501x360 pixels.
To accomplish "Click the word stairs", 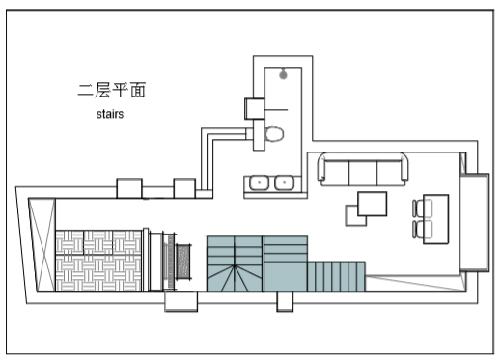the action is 110,114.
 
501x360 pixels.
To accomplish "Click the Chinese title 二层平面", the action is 112,90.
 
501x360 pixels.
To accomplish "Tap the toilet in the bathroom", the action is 274,134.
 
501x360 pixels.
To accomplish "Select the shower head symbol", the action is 283,73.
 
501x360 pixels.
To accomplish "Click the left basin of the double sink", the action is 259,182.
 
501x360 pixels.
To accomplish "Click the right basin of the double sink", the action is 284,182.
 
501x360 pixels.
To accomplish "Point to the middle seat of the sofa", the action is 363,174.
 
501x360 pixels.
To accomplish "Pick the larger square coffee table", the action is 373,204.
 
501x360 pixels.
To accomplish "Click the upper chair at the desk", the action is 423,208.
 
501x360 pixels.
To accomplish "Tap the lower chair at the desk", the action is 423,229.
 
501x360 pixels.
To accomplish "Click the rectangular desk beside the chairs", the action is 436,219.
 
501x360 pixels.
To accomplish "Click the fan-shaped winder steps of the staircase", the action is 235,278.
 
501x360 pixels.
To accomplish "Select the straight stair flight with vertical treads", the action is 336,277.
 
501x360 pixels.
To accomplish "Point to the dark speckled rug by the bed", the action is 183,262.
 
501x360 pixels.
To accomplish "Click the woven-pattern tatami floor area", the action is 98,261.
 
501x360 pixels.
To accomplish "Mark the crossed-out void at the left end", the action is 42,245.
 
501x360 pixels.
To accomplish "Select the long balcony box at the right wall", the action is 474,222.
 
